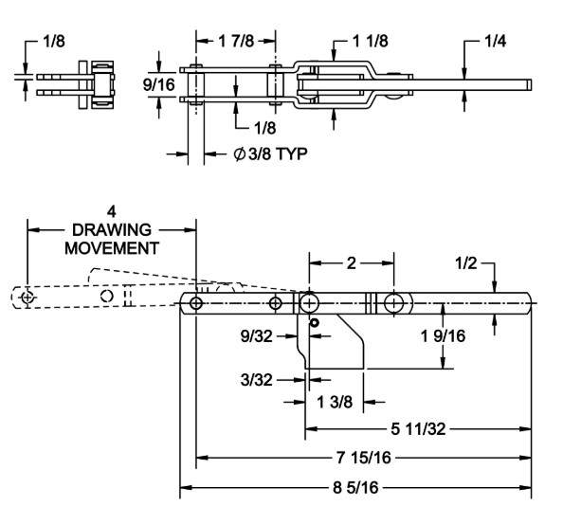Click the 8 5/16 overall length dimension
click(355, 487)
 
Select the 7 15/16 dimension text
click(364, 458)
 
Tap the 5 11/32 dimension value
click(418, 428)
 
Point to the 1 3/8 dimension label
click(335, 402)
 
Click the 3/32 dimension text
click(256, 380)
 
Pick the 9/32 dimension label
click(256, 336)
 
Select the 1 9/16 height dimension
click(443, 336)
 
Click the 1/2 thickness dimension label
click(466, 263)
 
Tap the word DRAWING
click(112, 230)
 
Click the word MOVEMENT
click(112, 248)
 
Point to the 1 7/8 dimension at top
click(236, 41)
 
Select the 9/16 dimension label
click(158, 84)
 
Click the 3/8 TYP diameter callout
click(271, 154)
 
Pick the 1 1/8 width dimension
click(371, 41)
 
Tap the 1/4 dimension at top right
click(496, 42)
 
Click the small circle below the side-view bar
click(315, 323)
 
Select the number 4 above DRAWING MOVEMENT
click(112, 211)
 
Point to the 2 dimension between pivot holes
click(351, 263)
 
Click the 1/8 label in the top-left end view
click(54, 42)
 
